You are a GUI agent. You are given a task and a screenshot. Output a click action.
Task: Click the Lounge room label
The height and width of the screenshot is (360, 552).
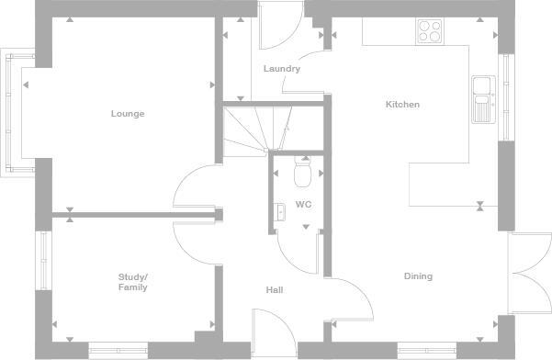click(128, 114)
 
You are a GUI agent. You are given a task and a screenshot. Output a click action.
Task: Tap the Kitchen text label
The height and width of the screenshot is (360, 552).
click(402, 105)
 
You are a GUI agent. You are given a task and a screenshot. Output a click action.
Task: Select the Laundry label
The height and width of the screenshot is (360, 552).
click(281, 69)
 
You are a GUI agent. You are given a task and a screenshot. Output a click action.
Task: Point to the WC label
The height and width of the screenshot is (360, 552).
click(303, 204)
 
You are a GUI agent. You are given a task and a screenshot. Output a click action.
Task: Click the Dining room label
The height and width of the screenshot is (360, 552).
click(418, 276)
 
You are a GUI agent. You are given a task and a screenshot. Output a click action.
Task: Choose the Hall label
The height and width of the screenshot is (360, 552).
click(274, 290)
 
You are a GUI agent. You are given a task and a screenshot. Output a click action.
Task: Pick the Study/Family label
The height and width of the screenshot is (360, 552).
click(132, 282)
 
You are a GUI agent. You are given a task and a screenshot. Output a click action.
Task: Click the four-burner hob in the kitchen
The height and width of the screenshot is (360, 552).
click(429, 31)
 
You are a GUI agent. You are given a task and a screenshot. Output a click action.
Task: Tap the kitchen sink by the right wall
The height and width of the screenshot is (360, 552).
click(481, 99)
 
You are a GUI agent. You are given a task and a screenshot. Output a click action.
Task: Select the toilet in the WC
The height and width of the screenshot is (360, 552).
click(303, 172)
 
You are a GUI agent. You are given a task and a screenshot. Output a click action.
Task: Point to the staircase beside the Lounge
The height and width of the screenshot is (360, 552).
click(254, 131)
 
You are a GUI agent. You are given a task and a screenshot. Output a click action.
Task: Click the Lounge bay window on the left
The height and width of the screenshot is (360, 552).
click(12, 114)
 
